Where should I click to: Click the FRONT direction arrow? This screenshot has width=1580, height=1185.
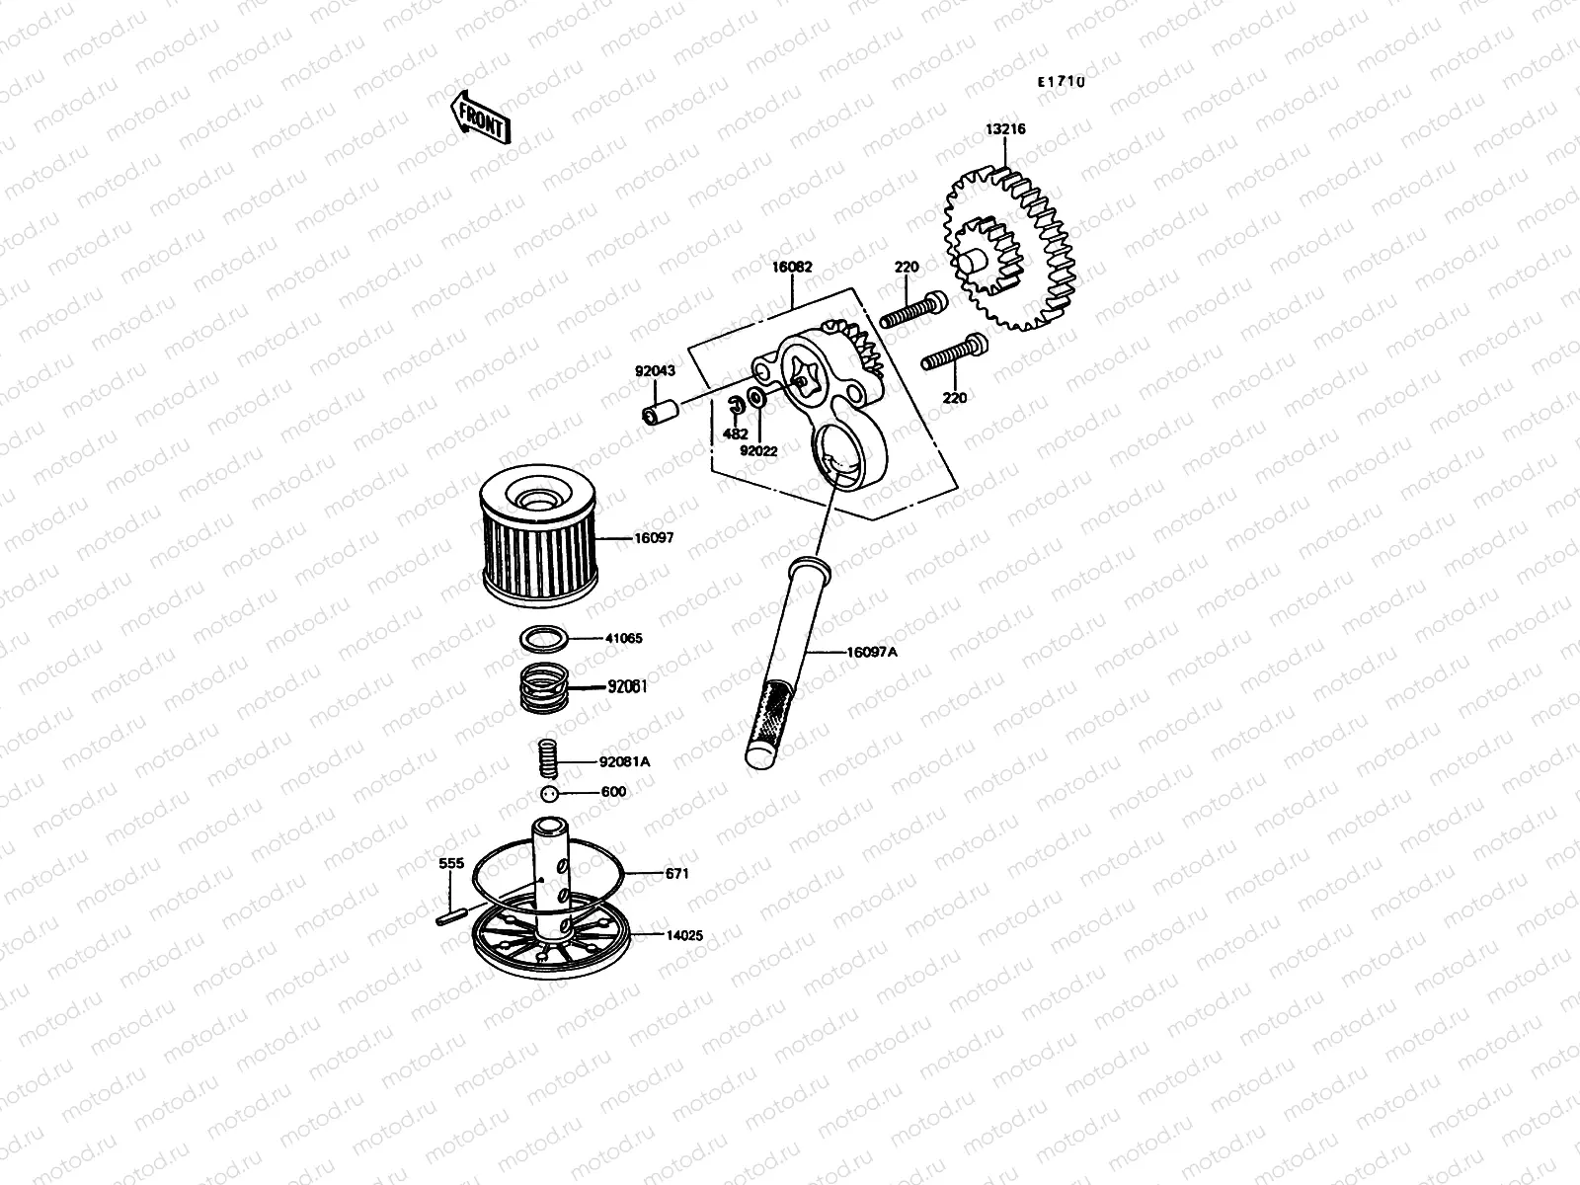(x=480, y=118)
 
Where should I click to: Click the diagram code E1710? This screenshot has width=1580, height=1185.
(x=1061, y=83)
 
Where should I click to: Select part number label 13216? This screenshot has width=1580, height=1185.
(x=1004, y=129)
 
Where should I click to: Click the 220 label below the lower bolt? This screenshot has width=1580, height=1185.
(x=955, y=398)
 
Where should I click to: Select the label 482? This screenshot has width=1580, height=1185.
(x=735, y=434)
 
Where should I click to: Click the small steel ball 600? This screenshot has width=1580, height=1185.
(x=551, y=794)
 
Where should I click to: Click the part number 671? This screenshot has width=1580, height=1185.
(x=676, y=874)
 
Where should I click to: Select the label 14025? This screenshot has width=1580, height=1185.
(x=683, y=934)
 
